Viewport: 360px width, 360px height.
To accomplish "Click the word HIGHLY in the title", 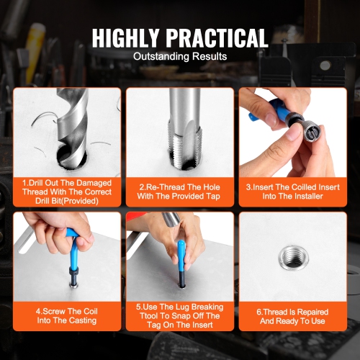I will pyautogui.click(x=127, y=37).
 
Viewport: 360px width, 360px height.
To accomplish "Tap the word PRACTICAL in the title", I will pyautogui.click(x=218, y=37).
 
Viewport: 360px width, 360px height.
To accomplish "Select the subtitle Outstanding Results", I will pyautogui.click(x=180, y=56).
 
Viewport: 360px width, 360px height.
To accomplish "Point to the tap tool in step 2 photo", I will pyautogui.click(x=180, y=122).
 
